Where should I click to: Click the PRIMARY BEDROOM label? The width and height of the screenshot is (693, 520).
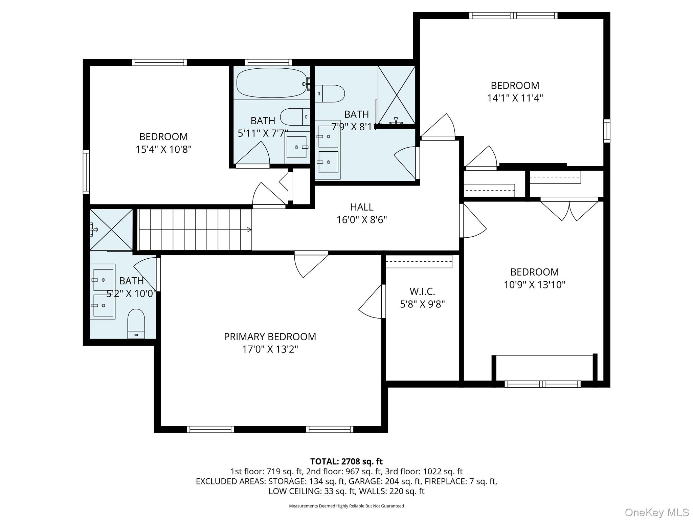[x=270, y=337]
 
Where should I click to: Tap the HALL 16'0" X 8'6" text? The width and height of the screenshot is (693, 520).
[x=361, y=213]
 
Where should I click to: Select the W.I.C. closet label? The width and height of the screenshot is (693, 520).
[x=422, y=291]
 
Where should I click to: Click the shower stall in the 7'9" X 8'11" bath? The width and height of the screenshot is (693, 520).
[x=396, y=95]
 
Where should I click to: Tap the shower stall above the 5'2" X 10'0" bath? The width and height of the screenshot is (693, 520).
[x=111, y=230]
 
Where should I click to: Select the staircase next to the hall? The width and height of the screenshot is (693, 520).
[x=195, y=230]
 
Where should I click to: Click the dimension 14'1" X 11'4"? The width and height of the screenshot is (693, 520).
[x=515, y=98]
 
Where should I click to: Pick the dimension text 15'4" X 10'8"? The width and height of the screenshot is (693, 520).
[x=163, y=149]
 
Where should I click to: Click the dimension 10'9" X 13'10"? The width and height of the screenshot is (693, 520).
[x=534, y=285]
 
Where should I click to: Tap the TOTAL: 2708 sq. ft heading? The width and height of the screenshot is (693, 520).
[x=346, y=461]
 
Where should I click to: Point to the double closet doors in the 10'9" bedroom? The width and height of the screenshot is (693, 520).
[x=569, y=210]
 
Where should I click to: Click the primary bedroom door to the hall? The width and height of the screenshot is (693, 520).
[x=310, y=264]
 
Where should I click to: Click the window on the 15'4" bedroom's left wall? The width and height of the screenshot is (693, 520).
[x=87, y=172]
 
